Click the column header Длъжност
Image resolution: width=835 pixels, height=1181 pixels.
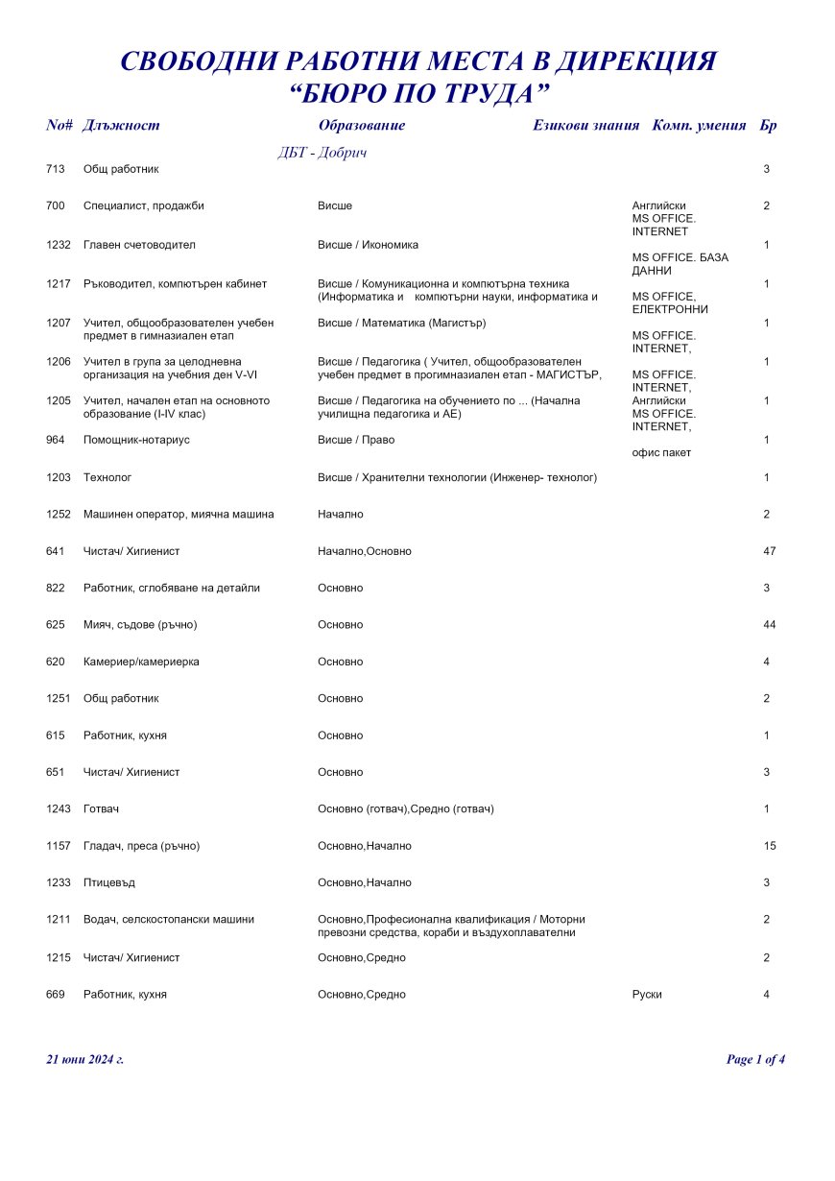pos(121,125)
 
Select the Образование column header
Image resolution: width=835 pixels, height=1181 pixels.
pos(361,125)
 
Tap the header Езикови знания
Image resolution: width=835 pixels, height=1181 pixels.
pos(585,125)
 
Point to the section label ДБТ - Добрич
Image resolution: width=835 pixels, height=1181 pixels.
pos(322,153)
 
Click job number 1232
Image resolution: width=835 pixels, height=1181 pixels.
pos(59,245)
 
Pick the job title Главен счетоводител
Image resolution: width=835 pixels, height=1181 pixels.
pos(139,245)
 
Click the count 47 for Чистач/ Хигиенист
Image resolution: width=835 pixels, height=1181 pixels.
pos(769,551)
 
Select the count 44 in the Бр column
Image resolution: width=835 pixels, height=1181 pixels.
pos(769,625)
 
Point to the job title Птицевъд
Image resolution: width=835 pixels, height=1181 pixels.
pos(109,882)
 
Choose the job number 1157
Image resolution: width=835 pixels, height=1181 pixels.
pos(59,846)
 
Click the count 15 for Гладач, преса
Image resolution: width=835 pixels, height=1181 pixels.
pos(769,846)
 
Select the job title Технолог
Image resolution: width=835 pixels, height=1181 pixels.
pos(107,477)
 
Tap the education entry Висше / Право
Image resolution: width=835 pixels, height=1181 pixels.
pos(356,440)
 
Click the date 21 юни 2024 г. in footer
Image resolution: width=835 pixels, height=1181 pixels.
pos(85,1059)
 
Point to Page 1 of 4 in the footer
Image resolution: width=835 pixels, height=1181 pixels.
pos(756,1059)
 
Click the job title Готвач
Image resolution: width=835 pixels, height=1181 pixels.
pos(101,809)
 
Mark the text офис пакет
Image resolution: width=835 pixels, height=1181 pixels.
pos(661,452)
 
